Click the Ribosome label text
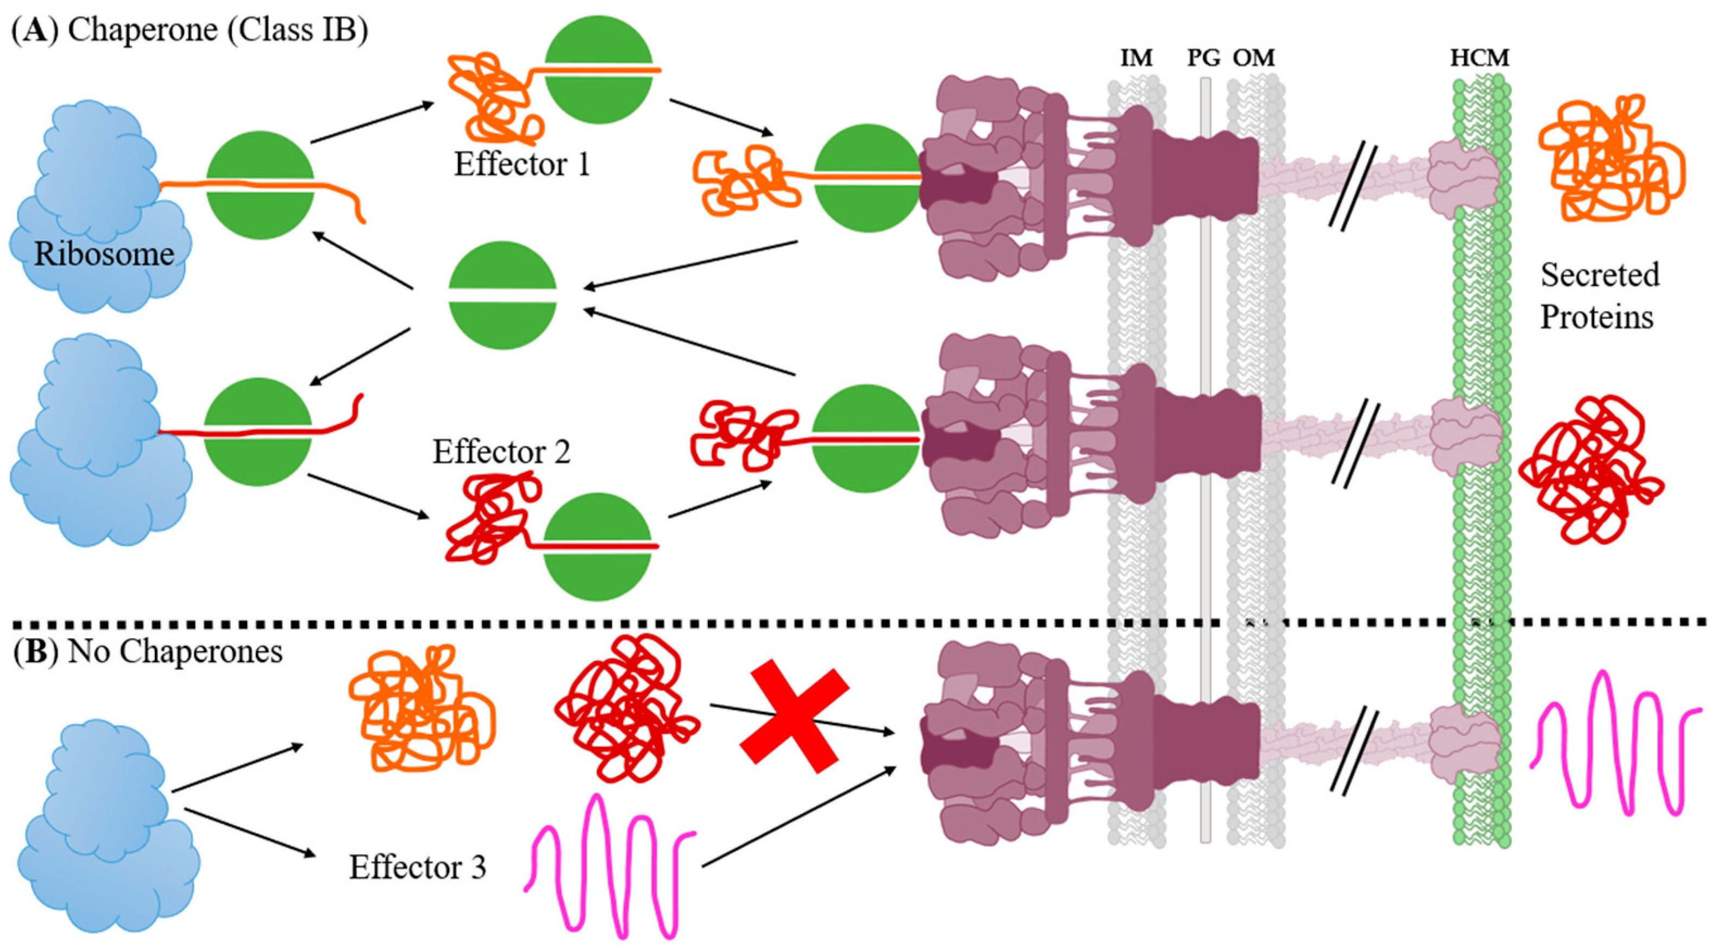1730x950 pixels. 104,254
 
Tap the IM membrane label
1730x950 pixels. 1136,59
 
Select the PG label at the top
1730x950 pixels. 1204,59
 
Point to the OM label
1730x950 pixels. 1253,59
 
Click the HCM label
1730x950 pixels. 1480,59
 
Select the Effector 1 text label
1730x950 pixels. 522,165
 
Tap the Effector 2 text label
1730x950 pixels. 501,452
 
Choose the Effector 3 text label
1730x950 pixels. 417,867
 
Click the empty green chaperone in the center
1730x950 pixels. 502,296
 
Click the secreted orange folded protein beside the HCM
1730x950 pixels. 1610,159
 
